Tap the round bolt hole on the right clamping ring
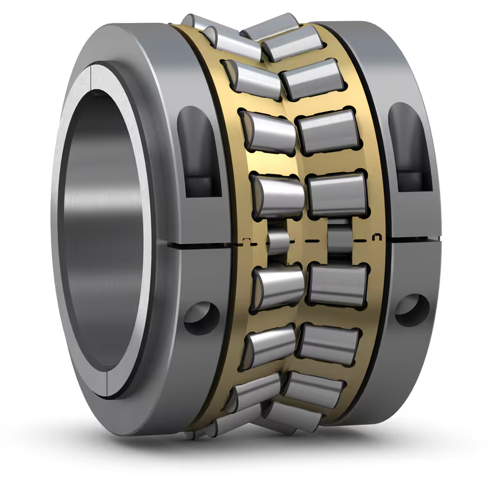[412, 305]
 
